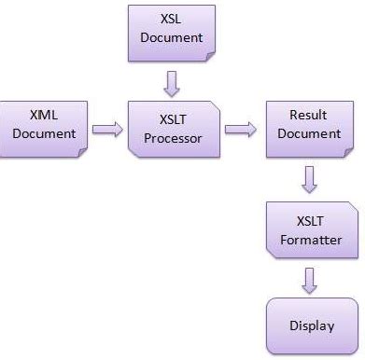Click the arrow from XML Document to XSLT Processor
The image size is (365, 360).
coord(108,129)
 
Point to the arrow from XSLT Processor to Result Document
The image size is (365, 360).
coord(240,129)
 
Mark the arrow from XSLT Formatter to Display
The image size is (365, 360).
coord(309,279)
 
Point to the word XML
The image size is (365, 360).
coord(43,115)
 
